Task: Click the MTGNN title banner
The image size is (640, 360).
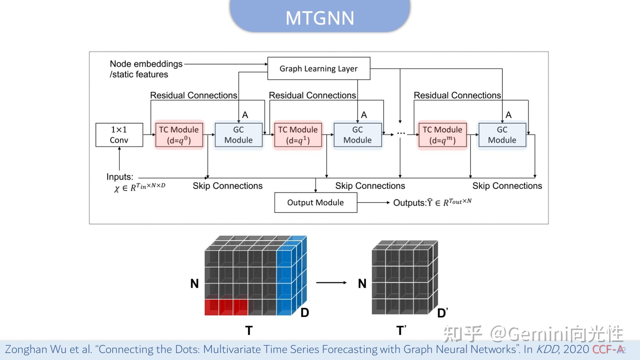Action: point(320,17)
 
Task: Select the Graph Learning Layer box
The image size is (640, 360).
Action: point(319,68)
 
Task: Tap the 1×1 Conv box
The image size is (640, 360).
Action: point(119,135)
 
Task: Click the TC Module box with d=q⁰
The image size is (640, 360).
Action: point(179,135)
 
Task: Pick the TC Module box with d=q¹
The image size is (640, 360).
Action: point(298,135)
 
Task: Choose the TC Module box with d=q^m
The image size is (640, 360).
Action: point(442,135)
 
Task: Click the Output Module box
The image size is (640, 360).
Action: point(316,202)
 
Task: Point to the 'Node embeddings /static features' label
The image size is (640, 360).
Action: point(146,69)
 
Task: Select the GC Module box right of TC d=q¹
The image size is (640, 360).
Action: point(357,135)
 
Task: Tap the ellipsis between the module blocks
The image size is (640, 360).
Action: point(401,133)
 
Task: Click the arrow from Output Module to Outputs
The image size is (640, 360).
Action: point(373,202)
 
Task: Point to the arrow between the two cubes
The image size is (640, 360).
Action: point(331,282)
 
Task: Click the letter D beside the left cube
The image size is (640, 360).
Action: point(305,312)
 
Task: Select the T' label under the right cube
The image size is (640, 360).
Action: point(401,330)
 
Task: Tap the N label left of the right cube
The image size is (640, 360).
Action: point(362,284)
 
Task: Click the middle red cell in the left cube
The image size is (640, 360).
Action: point(226,307)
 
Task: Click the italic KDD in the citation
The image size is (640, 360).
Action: point(547,349)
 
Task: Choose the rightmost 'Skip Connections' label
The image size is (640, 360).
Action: point(507,186)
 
